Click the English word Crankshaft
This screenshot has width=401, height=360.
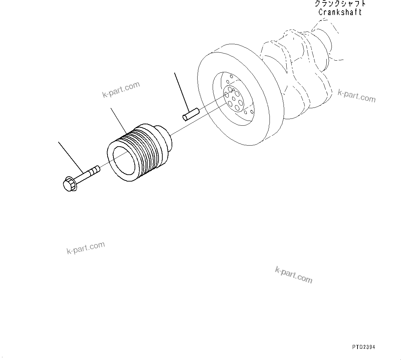[x=340, y=12]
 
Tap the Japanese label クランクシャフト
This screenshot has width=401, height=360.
[x=340, y=4]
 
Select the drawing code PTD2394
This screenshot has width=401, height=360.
[x=363, y=347]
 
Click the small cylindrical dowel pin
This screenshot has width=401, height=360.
[x=190, y=114]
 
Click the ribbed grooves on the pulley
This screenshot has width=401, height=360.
[x=144, y=147]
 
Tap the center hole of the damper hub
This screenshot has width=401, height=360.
[x=233, y=99]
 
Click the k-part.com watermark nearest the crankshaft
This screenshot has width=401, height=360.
[x=356, y=96]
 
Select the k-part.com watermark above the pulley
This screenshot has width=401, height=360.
[x=121, y=89]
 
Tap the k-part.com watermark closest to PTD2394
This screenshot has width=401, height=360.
[x=293, y=275]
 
